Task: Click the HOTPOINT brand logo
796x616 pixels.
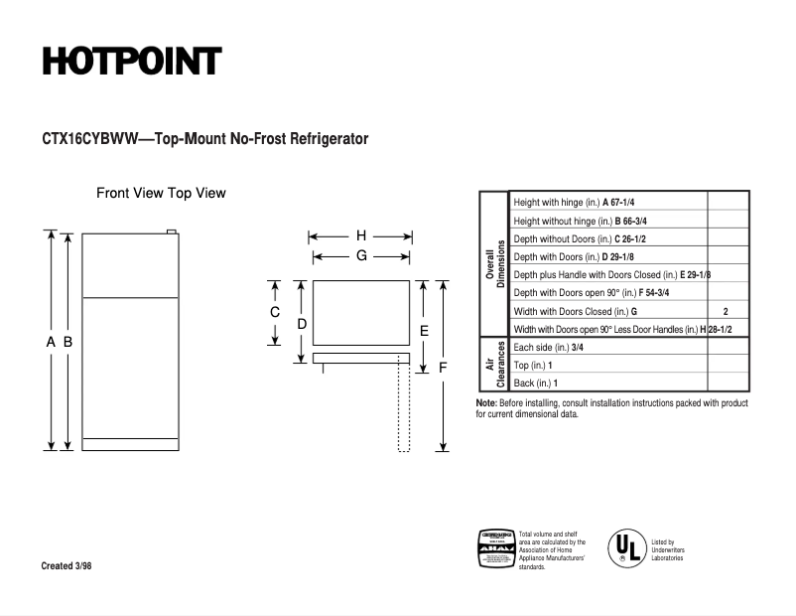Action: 131,62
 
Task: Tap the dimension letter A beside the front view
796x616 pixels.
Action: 50,342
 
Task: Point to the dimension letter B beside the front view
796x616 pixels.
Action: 67,342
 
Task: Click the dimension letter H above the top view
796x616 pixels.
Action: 361,236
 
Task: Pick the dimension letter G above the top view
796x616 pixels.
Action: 361,255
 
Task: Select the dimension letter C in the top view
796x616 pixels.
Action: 275,312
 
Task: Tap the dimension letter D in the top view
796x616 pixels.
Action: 302,324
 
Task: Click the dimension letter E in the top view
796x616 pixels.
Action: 424,330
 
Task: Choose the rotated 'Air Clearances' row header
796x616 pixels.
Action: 493,365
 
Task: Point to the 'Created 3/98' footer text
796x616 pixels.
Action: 70,566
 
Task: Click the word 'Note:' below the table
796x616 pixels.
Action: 486,403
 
